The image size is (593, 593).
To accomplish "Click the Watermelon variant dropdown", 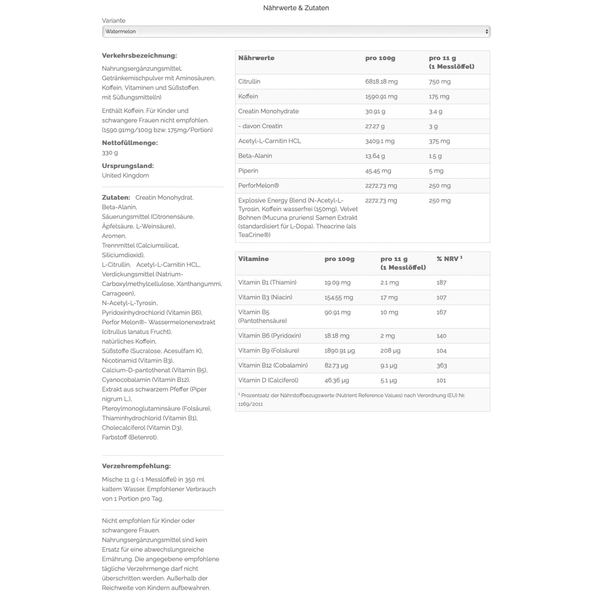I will pos(296,32).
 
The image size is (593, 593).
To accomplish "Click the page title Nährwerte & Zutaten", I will pos(296,8).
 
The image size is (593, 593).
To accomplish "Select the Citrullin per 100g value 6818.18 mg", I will pos(381,82).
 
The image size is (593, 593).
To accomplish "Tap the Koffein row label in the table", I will pos(248,96).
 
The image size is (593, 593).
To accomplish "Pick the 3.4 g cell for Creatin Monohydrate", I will pos(436,111).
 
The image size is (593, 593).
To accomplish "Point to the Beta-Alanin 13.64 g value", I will pos(375,156).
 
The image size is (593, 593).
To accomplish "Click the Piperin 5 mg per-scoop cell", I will pos(436,171).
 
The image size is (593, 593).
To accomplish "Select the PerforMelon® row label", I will pos(259,186).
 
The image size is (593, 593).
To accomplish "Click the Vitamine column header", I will pos(254,259).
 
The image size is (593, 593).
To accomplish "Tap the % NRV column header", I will pos(449,259).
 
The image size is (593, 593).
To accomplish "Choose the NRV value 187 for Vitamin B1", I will pos(441,282).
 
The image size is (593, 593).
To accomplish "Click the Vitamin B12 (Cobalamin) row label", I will pos(273,365).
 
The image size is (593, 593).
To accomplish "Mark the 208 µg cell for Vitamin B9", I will pos(390,350).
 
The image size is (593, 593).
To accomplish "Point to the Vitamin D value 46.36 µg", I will pos(337,380).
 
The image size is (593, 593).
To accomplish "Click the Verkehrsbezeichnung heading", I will pos(139,55).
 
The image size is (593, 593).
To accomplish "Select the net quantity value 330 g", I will pos(110,152).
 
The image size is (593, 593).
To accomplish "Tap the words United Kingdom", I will pos(125,176).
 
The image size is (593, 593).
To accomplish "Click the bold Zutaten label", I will pos(116,197).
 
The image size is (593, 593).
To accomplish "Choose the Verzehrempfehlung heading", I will pos(136,466).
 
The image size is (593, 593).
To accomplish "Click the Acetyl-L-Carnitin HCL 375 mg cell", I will pos(439,141).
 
